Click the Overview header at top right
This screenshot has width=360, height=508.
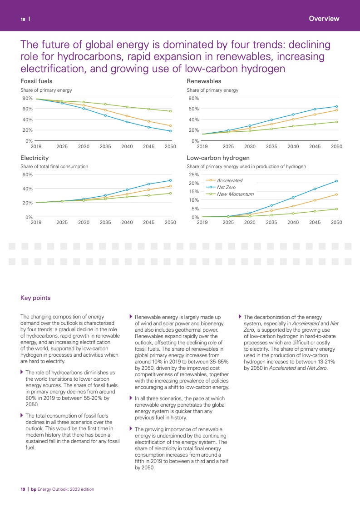pyautogui.click(x=324, y=19)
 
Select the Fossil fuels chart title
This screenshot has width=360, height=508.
pyautogui.click(x=36, y=81)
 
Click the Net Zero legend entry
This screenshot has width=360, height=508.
pyautogui.click(x=226, y=187)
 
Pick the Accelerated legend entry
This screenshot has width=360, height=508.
pyautogui.click(x=229, y=180)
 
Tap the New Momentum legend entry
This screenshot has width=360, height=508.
pyautogui.click(x=235, y=194)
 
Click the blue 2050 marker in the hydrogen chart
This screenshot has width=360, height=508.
pyautogui.click(x=336, y=181)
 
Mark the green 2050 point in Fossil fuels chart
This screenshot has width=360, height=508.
pyautogui.click(x=170, y=111)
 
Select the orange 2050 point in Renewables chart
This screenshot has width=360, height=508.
pyautogui.click(x=336, y=110)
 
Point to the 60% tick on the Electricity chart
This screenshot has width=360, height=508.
pyautogui.click(x=27, y=174)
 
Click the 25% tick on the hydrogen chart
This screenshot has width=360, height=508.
pyautogui.click(x=193, y=174)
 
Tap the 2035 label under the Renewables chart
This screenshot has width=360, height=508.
pyautogui.click(x=271, y=147)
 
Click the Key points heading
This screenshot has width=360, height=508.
pyautogui.click(x=35, y=298)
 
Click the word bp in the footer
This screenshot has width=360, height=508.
pyautogui.click(x=33, y=489)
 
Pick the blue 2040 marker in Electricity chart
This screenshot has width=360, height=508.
pyautogui.click(x=127, y=189)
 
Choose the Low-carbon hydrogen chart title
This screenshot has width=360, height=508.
pyautogui.click(x=218, y=158)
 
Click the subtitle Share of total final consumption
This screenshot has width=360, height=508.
pyautogui.click(x=54, y=167)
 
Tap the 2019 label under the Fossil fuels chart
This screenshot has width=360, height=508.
pyautogui.click(x=36, y=147)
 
